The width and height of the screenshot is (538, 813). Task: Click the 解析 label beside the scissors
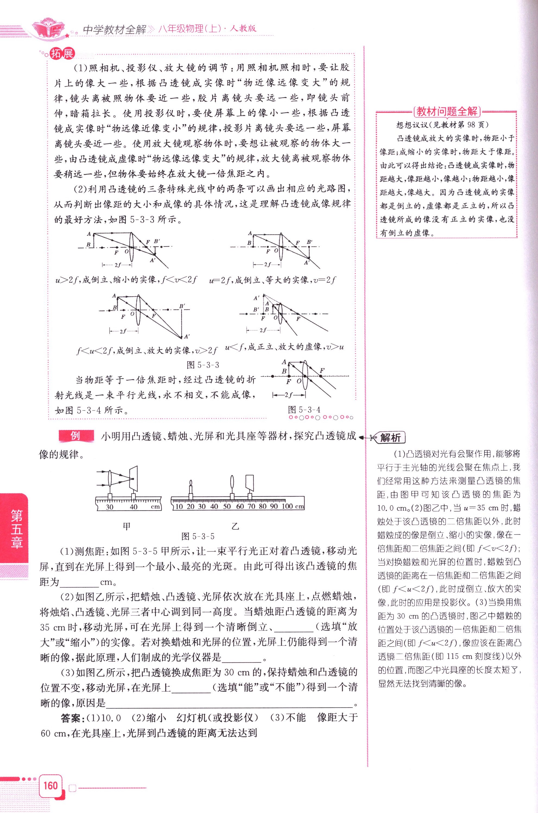(x=391, y=438)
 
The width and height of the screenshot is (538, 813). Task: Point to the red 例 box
(x=75, y=436)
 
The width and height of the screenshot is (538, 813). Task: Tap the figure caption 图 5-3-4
(x=304, y=410)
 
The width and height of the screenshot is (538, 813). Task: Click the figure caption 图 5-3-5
(x=198, y=536)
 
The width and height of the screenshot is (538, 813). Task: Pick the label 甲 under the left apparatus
(x=127, y=526)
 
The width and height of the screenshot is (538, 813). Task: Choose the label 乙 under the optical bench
(x=235, y=526)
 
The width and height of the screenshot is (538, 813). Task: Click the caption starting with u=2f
(x=272, y=280)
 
